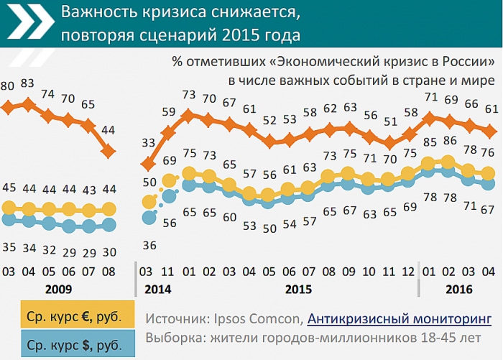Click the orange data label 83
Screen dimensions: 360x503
click(29, 83)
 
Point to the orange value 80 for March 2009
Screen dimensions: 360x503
click(8, 86)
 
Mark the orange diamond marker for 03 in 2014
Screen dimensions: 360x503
click(149, 163)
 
